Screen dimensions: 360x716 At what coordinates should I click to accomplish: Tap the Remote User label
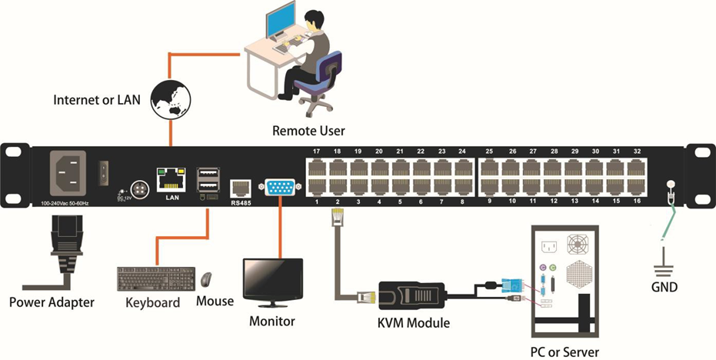click(x=308, y=131)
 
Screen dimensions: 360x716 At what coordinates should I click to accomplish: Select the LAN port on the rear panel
click(x=170, y=181)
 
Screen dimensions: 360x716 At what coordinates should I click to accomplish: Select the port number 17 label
click(x=316, y=152)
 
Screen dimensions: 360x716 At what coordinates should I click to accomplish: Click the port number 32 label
click(x=636, y=152)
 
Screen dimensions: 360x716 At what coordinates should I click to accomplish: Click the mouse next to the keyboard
click(x=207, y=278)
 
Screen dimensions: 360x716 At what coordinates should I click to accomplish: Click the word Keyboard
click(x=152, y=302)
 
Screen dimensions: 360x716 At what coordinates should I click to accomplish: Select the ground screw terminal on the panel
click(x=671, y=185)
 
